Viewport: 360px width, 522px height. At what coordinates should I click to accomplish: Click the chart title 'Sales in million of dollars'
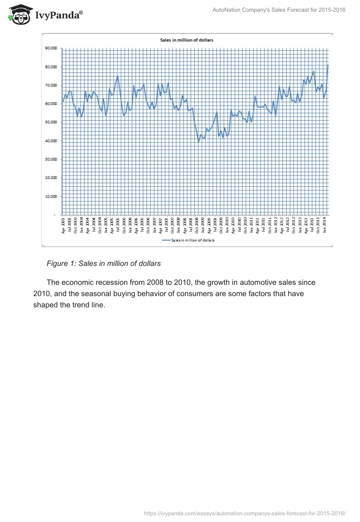pyautogui.click(x=187, y=40)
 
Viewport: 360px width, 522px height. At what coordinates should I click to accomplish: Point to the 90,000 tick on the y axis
pyautogui.click(x=51, y=48)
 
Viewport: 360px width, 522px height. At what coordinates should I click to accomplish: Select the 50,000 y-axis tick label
pyautogui.click(x=51, y=122)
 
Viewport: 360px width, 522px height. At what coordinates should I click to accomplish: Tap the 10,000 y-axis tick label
pyautogui.click(x=51, y=197)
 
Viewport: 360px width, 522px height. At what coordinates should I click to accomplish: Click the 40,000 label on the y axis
pyautogui.click(x=51, y=141)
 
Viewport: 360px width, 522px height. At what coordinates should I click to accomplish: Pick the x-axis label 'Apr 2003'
pyautogui.click(x=63, y=225)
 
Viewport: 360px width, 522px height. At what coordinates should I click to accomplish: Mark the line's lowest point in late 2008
pyautogui.click(x=198, y=142)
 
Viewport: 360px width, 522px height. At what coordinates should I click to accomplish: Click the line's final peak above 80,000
pyautogui.click(x=328, y=65)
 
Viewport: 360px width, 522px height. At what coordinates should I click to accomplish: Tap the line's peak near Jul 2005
pyautogui.click(x=117, y=76)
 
